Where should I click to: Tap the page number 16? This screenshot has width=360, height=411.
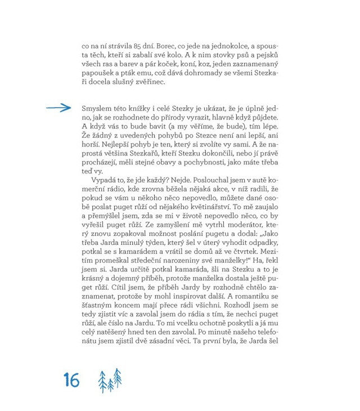[71, 380]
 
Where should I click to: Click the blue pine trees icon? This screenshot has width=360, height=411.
[110, 380]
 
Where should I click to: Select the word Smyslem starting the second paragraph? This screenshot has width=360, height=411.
[99, 108]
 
